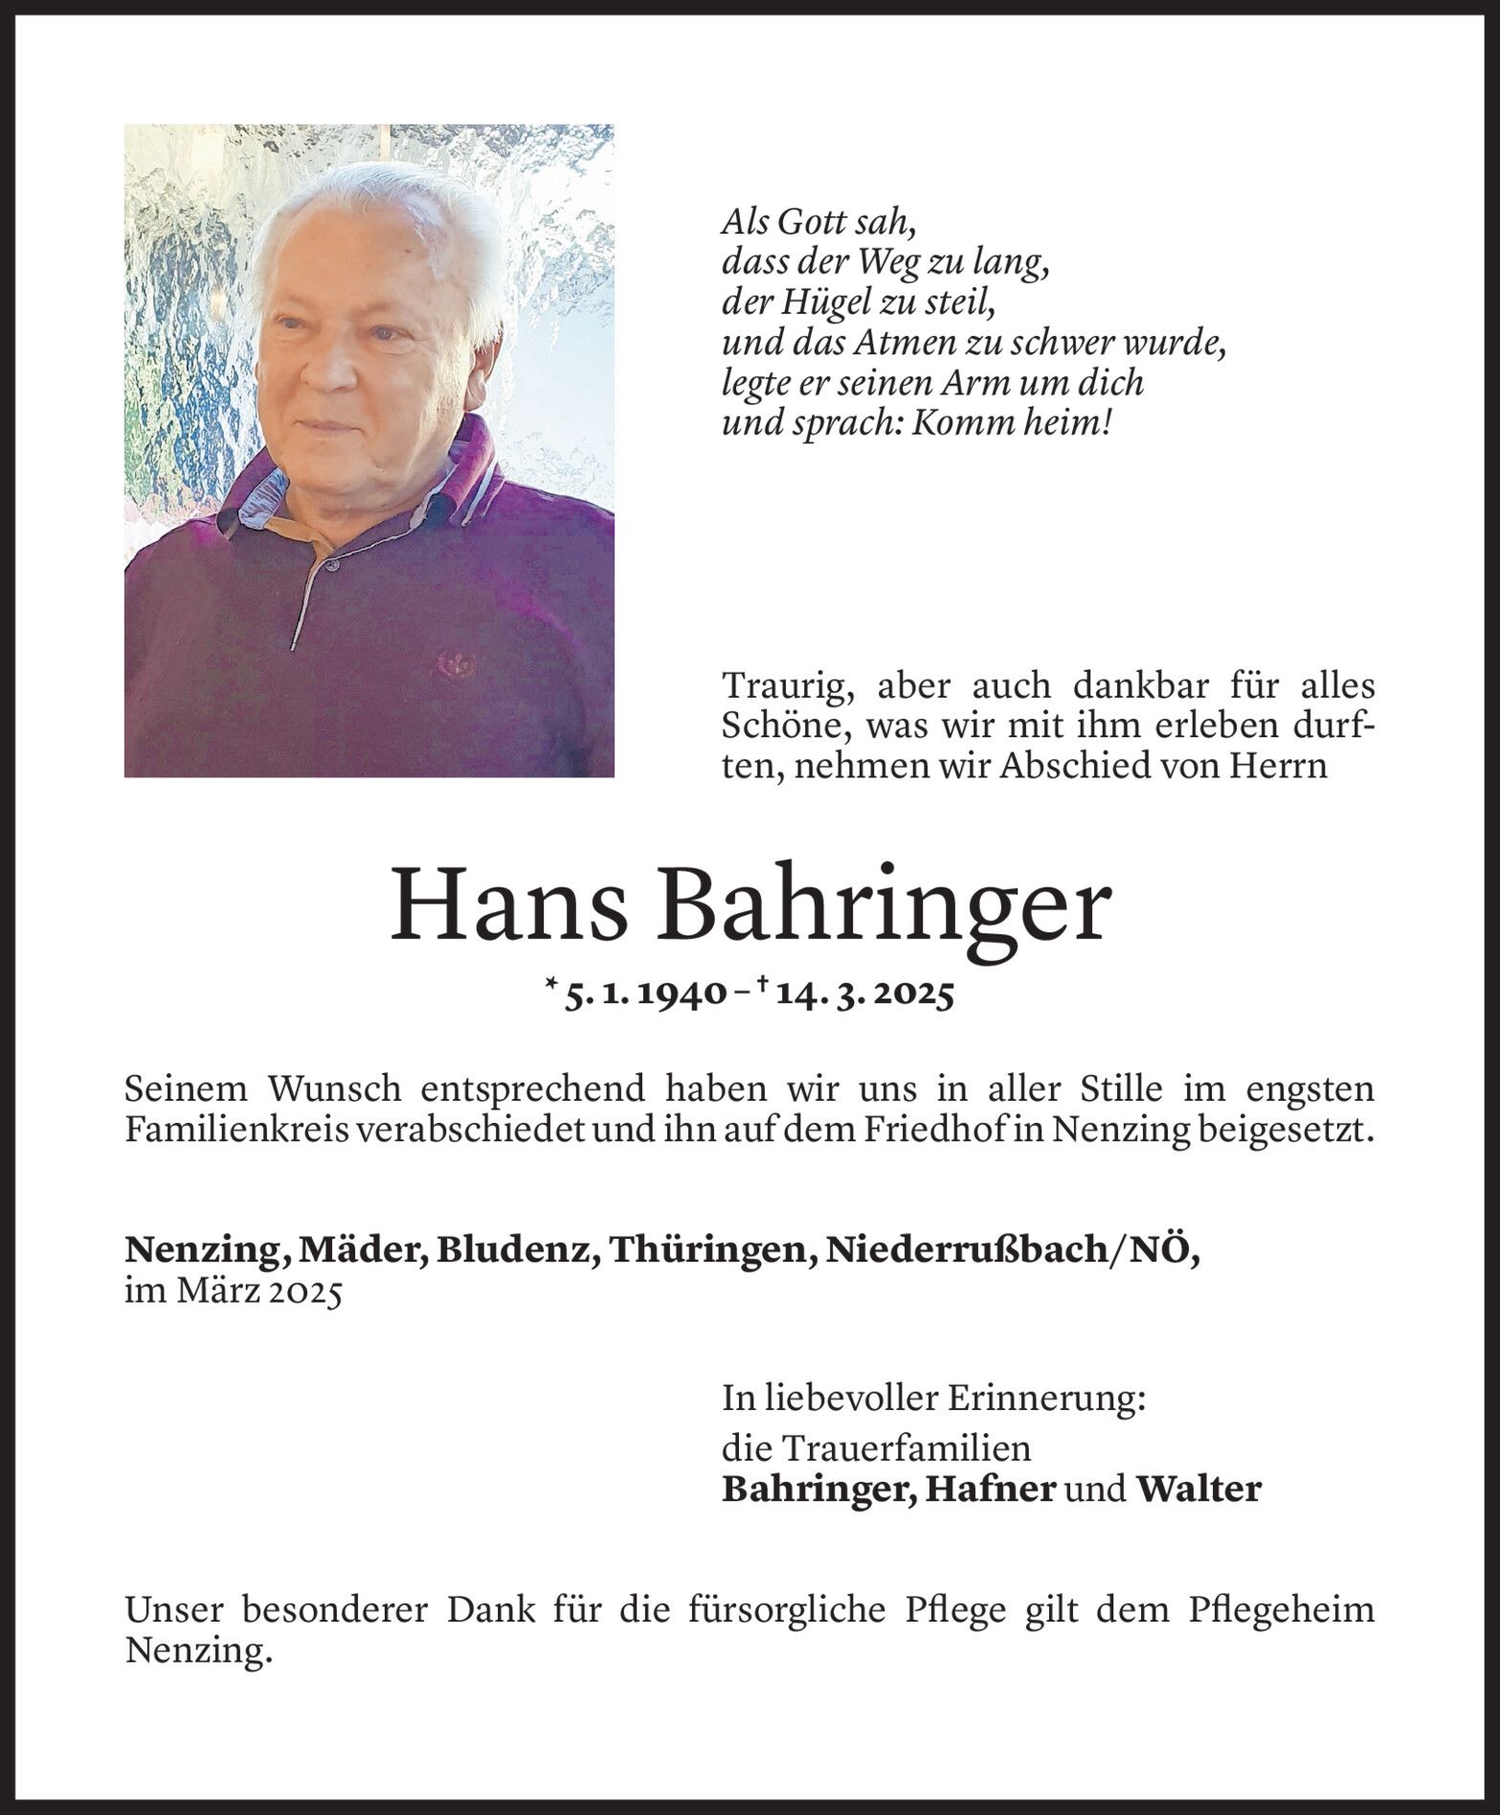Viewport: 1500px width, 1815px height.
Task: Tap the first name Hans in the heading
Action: click(508, 905)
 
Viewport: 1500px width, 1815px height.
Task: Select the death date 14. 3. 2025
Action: click(865, 996)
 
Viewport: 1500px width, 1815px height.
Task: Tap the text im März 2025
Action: click(234, 1292)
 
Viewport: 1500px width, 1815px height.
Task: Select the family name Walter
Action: click(1198, 1490)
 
